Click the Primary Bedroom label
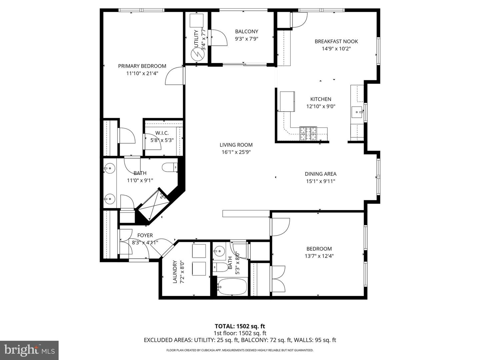tap(142, 66)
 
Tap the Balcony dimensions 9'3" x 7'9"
tap(246, 39)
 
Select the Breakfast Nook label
tap(336, 41)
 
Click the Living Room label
tap(236, 145)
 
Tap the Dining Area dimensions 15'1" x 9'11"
tap(320, 181)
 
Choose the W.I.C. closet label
tap(162, 133)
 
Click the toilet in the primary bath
tap(170, 167)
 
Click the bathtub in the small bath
tap(232, 287)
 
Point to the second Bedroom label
tap(319, 249)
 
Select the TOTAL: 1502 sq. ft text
tap(240, 326)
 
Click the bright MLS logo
tap(29, 350)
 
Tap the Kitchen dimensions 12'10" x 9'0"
tap(321, 107)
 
